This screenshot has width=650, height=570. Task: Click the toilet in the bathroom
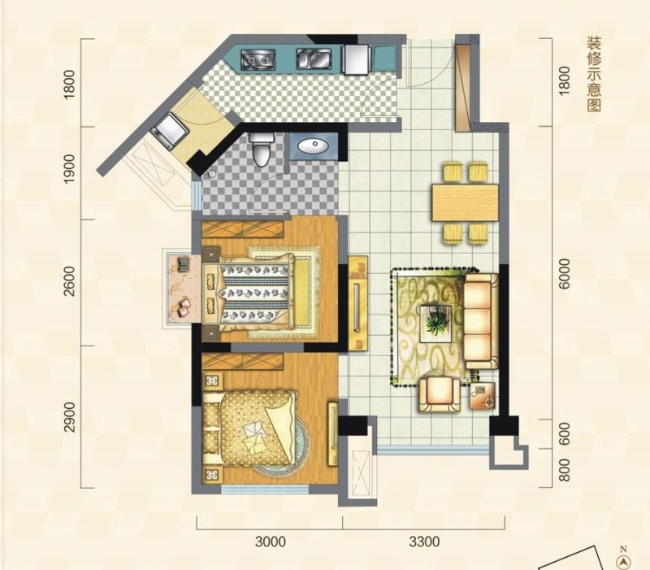point(262,149)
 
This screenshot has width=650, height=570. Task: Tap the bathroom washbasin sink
point(314,146)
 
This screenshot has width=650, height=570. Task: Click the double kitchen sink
point(314,59)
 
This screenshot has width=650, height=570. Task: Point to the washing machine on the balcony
point(170,129)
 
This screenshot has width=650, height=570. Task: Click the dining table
point(465,202)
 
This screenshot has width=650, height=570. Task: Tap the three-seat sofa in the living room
point(481,321)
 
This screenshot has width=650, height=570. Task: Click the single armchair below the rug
point(440,394)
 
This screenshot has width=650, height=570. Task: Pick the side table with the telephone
point(483,396)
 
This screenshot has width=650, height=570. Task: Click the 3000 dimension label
point(271,542)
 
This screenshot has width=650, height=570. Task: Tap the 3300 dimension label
point(424,542)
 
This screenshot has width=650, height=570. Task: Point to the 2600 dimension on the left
point(70,281)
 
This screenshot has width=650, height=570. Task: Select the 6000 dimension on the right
point(564,274)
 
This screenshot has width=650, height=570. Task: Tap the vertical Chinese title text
point(594,74)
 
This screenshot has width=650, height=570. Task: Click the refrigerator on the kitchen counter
point(357,59)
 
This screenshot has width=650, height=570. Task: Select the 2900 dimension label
point(70,417)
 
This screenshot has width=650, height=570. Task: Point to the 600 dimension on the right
point(564,434)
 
